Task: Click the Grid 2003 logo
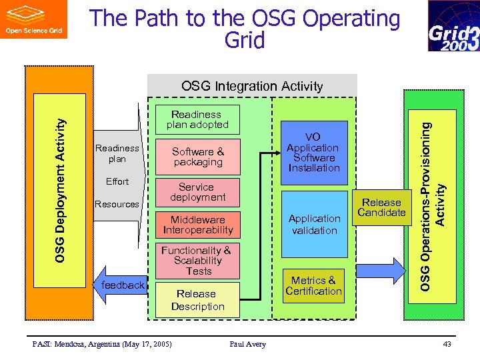[453, 26]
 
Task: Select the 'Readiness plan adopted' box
[197, 119]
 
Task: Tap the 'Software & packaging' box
[197, 157]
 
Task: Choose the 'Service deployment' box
[197, 192]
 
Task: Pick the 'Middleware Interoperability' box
[197, 225]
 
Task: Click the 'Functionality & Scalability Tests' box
[197, 261]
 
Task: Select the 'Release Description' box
[197, 300]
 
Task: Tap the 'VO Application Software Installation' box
[313, 153]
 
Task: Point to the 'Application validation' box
[314, 224]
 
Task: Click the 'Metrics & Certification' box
[313, 286]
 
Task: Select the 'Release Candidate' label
[381, 207]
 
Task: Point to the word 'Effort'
[117, 181]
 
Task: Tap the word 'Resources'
[117, 204]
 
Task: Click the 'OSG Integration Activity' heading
[252, 86]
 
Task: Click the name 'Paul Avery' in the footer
[247, 344]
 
